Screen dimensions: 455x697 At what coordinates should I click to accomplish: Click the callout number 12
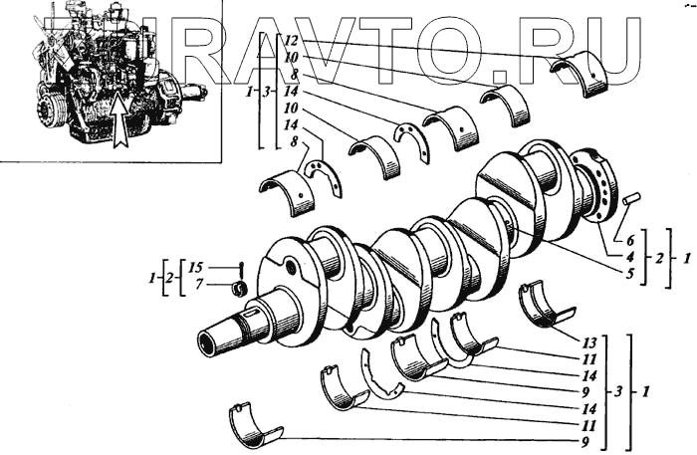291,41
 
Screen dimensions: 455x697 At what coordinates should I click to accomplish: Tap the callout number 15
196,268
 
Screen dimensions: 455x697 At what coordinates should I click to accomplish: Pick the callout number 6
630,240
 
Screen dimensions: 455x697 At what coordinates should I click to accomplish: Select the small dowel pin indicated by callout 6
629,201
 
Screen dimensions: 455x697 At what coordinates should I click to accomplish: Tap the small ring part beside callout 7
239,289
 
